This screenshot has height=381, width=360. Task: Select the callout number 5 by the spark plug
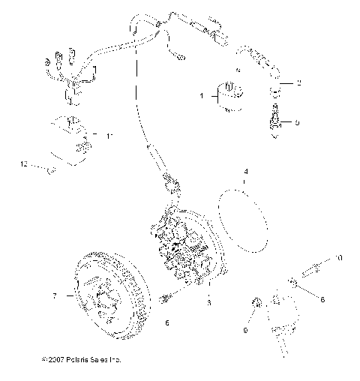click(x=298, y=121)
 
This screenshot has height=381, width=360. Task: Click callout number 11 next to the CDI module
click(x=109, y=136)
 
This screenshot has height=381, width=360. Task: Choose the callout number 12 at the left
click(x=24, y=163)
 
